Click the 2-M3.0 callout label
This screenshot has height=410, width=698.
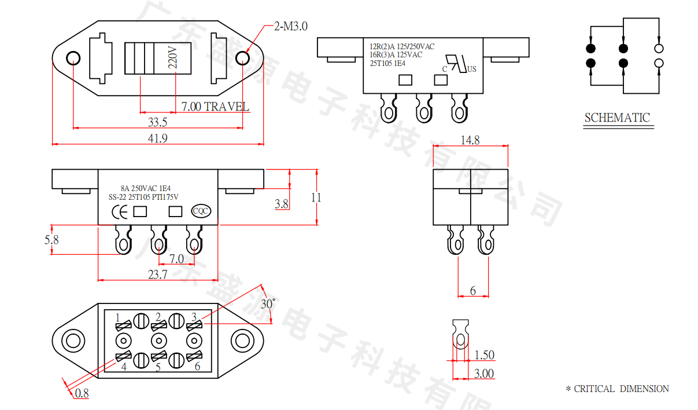pyautogui.click(x=291, y=26)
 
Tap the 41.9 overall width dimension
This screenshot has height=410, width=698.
pyautogui.click(x=157, y=138)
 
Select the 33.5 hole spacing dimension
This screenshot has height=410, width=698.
pyautogui.click(x=157, y=122)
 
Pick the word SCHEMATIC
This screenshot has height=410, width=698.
pyautogui.click(x=617, y=118)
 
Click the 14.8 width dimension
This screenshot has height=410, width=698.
pyautogui.click(x=470, y=140)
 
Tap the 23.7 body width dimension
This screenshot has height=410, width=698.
pyautogui.click(x=157, y=274)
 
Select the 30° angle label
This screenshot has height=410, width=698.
pyautogui.click(x=268, y=303)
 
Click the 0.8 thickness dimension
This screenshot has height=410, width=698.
pyautogui.click(x=82, y=394)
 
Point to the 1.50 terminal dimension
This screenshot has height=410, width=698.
pyautogui.click(x=484, y=355)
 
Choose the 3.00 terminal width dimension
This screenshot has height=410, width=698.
pyautogui.click(x=484, y=374)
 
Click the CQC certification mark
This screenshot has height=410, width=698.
pyautogui.click(x=201, y=211)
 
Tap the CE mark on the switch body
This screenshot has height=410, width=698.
pyautogui.click(x=120, y=211)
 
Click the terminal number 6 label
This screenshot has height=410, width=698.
pyautogui.click(x=197, y=366)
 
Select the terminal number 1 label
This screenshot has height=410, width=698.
pyautogui.click(x=118, y=317)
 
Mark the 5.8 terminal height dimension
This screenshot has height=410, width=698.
pyautogui.click(x=51, y=239)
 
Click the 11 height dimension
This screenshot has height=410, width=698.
pyautogui.click(x=316, y=197)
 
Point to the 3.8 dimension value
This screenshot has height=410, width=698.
pyautogui.click(x=282, y=204)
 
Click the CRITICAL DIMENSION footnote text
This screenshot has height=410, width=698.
pyautogui.click(x=617, y=389)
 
